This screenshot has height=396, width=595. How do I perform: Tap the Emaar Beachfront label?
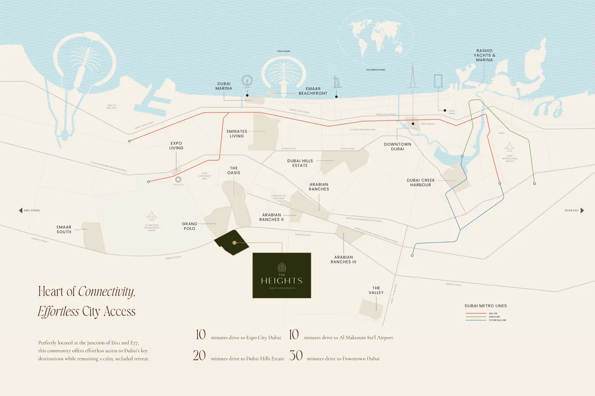312,90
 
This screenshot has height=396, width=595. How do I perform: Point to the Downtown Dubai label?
398,147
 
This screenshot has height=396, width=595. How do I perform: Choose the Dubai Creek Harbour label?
419,182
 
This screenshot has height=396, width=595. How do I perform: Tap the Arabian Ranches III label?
343,259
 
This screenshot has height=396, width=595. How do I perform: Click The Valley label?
376,290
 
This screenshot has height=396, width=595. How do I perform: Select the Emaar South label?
63,229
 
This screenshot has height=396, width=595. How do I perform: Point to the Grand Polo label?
188,226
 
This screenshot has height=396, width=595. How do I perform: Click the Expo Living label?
176,145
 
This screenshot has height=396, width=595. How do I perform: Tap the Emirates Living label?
237,134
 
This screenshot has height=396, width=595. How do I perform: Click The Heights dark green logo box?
282,275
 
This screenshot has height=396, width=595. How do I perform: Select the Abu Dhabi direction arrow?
21,210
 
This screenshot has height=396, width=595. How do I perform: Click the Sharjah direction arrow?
582,210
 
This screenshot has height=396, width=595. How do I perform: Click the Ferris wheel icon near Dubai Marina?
246,82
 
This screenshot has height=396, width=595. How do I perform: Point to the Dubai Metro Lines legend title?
485,306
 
